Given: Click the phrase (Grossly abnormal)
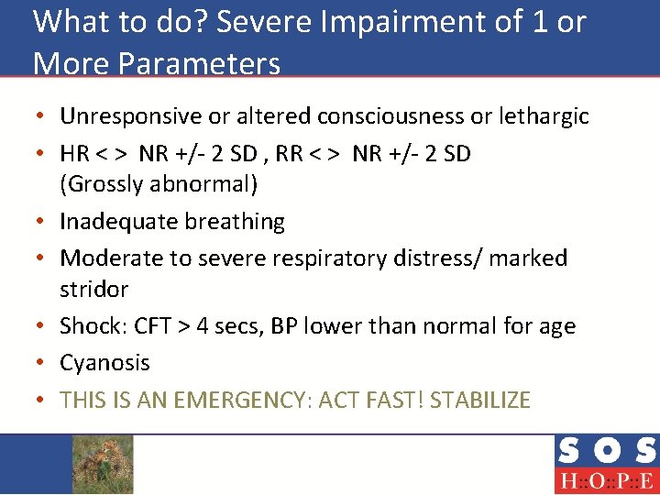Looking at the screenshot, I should click(x=159, y=184).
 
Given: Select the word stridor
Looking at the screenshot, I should click(x=93, y=290).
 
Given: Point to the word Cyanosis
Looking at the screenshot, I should click(x=104, y=363).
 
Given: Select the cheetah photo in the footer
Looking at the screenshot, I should click(x=103, y=464).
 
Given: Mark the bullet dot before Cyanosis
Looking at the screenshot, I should click(x=43, y=363).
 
